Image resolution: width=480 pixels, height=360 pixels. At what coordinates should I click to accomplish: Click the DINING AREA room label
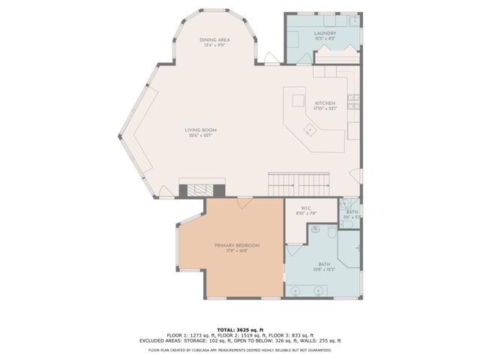tap(214, 40)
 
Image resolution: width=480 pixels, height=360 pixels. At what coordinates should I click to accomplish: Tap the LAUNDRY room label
tap(325, 33)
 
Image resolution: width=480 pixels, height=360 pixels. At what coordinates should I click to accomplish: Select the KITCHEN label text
tap(325, 103)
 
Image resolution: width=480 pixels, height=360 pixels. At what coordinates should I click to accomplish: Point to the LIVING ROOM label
tap(201, 130)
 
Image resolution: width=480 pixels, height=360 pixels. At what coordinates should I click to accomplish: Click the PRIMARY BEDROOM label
tap(237, 245)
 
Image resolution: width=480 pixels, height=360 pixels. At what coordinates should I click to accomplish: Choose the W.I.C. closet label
tap(306, 208)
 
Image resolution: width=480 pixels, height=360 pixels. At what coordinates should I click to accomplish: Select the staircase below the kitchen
tap(299, 182)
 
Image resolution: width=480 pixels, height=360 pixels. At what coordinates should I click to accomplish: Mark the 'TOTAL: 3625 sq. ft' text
tap(240, 329)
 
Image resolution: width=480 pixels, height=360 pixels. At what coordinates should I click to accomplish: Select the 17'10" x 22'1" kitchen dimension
tap(325, 109)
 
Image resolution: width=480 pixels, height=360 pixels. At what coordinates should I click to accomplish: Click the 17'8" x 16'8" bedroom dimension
tap(237, 251)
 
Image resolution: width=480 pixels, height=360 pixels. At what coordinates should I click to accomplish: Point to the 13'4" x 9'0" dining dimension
tap(214, 46)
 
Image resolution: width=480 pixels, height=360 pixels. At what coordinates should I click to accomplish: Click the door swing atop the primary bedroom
tap(243, 204)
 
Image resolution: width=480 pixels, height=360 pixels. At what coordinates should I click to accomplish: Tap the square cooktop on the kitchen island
tap(297, 100)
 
